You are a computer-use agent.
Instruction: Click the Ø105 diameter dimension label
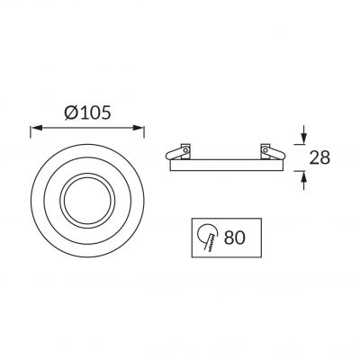[87, 112]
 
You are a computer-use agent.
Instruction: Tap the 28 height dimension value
[319, 157]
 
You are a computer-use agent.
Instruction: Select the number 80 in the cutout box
[235, 238]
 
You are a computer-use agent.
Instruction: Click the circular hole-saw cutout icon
[207, 237]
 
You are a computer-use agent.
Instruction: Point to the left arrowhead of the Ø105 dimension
[36, 128]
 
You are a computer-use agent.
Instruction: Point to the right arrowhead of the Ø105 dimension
[139, 128]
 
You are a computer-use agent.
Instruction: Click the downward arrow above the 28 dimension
[304, 135]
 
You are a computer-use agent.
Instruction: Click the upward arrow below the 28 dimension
[304, 180]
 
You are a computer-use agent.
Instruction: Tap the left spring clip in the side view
[175, 152]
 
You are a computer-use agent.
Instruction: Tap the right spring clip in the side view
[275, 152]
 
